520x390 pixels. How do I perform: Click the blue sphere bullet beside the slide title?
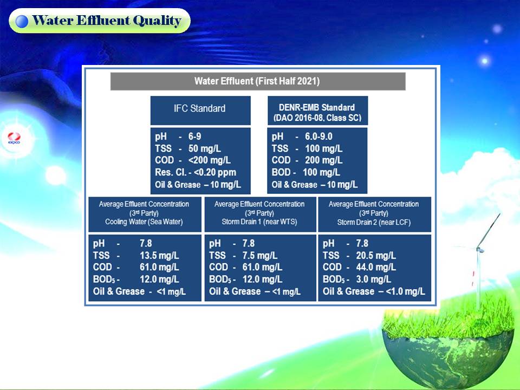click(x=22, y=21)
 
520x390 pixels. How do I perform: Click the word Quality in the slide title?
click(x=157, y=21)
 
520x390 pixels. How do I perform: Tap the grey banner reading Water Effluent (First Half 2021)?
click(x=258, y=81)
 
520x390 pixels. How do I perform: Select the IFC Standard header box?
click(x=200, y=110)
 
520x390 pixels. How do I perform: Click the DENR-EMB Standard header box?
click(x=318, y=110)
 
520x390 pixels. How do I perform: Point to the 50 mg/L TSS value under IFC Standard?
click(x=205, y=148)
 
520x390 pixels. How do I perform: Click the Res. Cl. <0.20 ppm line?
click(x=196, y=172)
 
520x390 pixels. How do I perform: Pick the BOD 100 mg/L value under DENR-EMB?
click(x=321, y=172)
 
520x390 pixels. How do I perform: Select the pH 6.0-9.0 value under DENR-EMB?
click(x=318, y=136)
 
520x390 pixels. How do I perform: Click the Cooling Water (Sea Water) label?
click(x=144, y=222)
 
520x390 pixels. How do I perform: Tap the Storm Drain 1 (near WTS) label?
click(x=259, y=222)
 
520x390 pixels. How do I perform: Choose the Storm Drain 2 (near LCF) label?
click(x=374, y=222)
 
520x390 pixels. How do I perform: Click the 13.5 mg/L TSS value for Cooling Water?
click(x=159, y=256)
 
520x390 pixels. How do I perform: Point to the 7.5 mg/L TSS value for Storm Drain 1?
click(x=260, y=256)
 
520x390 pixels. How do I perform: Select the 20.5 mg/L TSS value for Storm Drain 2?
click(x=376, y=256)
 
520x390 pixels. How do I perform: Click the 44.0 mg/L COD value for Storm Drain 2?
click(x=376, y=267)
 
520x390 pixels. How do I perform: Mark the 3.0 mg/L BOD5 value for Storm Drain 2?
click(x=373, y=279)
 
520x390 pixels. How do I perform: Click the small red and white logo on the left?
click(x=14, y=138)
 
